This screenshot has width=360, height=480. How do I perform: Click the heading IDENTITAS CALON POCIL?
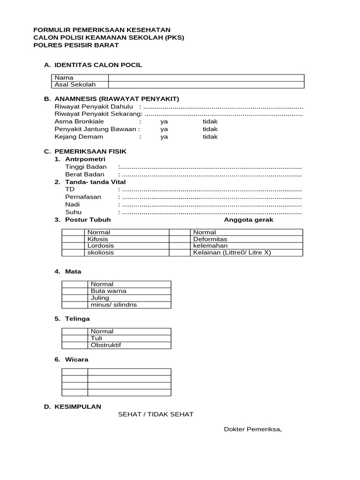[98, 65]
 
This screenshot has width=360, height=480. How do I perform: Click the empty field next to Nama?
[206, 78]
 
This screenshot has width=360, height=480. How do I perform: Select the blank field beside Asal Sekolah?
[206, 85]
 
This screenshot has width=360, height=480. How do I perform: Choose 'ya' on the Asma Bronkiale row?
[164, 121]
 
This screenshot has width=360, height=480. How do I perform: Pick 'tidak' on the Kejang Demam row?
[210, 137]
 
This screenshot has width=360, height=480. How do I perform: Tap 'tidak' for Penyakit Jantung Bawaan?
[210, 129]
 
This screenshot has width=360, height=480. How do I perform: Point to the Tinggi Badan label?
[86, 167]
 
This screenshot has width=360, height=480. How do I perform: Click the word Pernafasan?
[83, 197]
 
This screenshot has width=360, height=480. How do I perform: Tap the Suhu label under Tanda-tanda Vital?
[73, 212]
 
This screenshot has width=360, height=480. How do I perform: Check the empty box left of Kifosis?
[73, 239]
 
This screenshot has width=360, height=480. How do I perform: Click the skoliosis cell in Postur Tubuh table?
[100, 253]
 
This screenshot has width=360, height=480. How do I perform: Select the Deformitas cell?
[210, 239]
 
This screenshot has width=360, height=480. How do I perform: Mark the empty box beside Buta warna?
[75, 291]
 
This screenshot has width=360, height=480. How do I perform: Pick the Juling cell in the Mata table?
[100, 298]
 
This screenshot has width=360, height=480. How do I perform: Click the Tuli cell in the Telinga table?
[96, 338]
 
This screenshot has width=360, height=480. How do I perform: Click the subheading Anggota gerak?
[248, 220]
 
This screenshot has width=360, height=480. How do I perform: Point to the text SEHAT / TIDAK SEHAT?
[156, 414]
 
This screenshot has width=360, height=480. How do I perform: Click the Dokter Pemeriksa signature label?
[253, 429]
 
